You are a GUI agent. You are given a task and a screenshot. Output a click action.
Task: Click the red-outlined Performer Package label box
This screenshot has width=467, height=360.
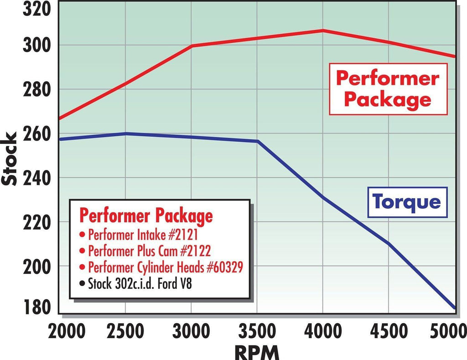click(388, 89)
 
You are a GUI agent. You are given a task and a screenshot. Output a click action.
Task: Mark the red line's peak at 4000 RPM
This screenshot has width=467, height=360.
click(323, 31)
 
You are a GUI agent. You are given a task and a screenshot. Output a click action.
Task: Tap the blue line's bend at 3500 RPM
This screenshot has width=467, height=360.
click(258, 141)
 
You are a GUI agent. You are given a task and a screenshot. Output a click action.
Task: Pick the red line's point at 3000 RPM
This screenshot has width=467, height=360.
click(192, 46)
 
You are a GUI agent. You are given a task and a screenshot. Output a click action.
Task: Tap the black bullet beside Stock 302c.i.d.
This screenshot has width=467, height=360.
click(82, 283)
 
